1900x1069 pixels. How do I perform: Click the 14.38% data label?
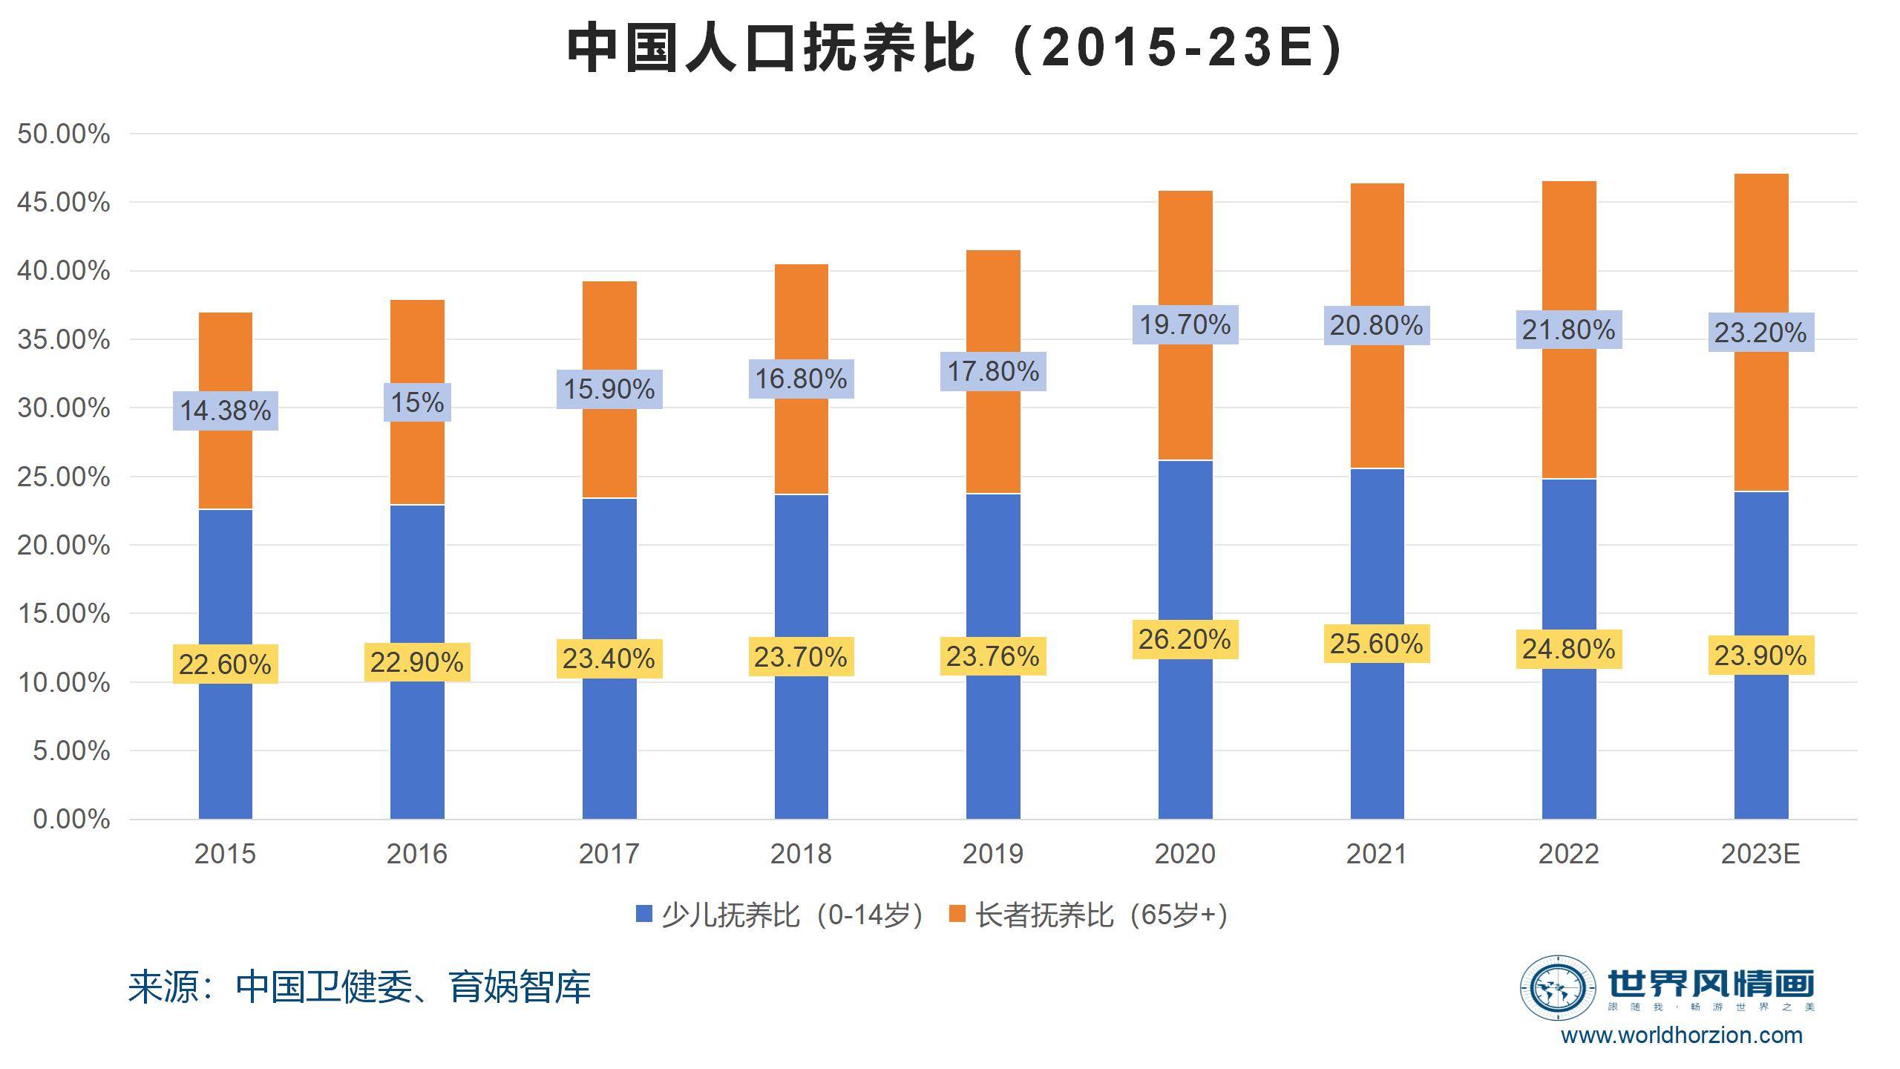226,411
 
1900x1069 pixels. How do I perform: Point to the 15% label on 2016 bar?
417,402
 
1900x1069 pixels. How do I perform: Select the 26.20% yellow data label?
1185,639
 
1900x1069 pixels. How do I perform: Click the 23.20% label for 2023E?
1760,332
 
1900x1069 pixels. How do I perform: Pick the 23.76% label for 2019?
993,656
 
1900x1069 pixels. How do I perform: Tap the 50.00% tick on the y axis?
64,134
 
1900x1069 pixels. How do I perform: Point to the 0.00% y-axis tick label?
71,820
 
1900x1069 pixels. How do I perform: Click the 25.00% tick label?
64,477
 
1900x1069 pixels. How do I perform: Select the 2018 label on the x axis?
801,854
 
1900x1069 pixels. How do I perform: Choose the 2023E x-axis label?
1760,854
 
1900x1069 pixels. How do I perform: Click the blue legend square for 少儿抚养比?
643,914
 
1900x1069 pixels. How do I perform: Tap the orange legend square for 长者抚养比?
957,914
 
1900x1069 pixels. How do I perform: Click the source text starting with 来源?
359,987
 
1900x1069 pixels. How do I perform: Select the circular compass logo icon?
1556,987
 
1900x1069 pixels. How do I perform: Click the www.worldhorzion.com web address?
1681,1036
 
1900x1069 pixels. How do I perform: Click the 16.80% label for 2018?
801,379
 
